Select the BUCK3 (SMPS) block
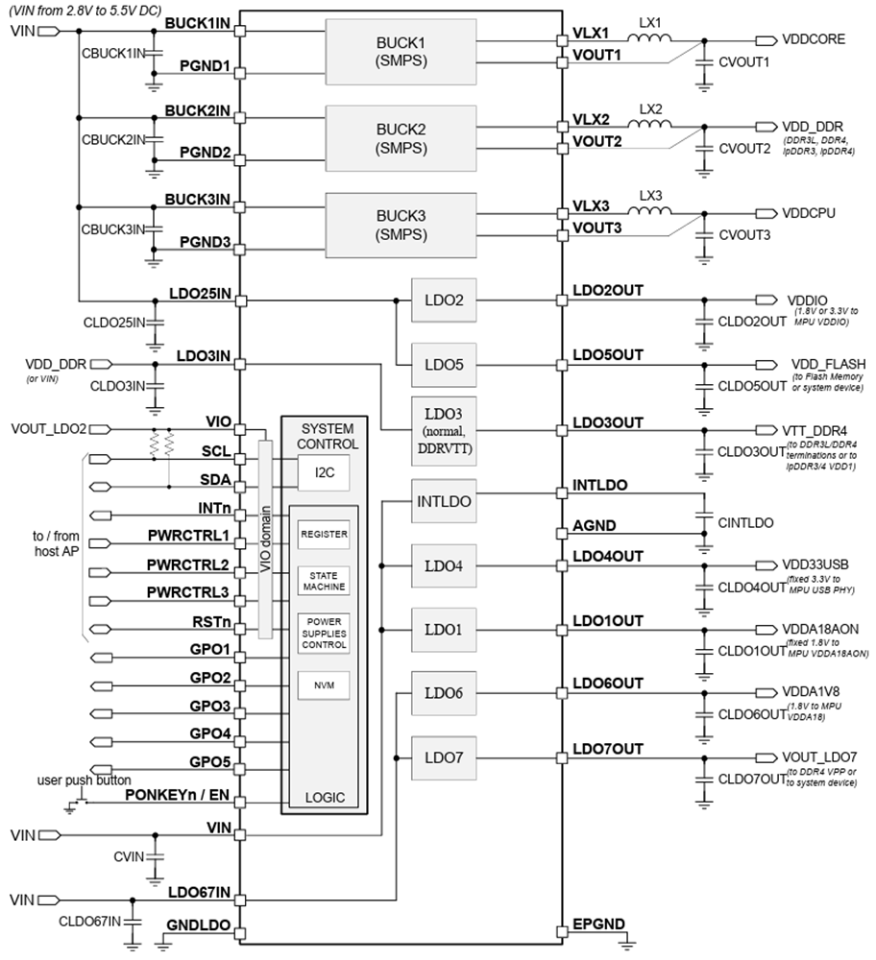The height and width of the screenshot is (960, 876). tap(401, 224)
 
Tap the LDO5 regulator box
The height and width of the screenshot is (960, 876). tap(444, 366)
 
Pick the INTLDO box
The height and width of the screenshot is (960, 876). tap(444, 501)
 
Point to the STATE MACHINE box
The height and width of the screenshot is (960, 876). tap(322, 580)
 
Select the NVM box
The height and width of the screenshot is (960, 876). tap(322, 685)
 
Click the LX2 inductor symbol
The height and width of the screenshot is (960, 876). tap(651, 126)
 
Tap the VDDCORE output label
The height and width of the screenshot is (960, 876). tap(814, 39)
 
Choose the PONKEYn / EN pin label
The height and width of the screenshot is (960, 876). tap(178, 795)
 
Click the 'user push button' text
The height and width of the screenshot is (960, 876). tap(85, 780)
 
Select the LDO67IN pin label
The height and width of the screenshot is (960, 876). tap(196, 893)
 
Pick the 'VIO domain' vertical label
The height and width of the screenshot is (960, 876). tap(266, 538)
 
